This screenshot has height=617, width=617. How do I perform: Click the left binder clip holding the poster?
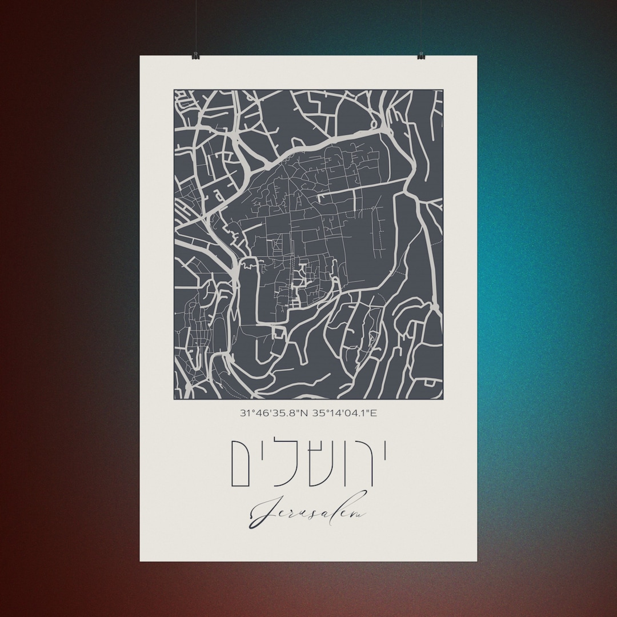coord(195,56)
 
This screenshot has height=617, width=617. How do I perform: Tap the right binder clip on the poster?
coord(421,56)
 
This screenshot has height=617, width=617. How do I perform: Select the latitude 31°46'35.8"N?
coord(273,412)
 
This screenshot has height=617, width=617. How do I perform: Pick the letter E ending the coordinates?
coord(374,412)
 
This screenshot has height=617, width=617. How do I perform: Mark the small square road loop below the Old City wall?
coord(279,332)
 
